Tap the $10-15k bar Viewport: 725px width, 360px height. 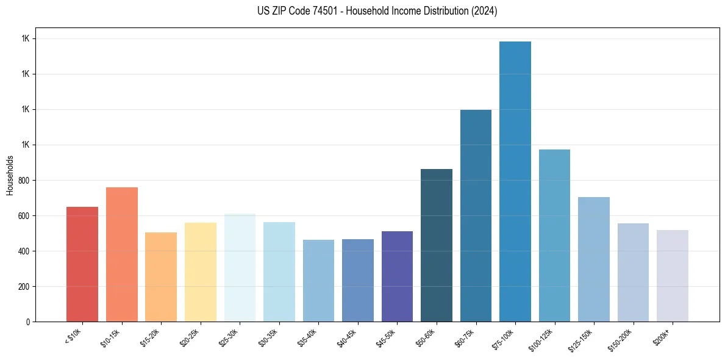[x=121, y=254]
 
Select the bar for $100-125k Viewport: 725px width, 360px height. [x=554, y=236]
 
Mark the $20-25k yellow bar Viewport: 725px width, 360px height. [x=200, y=272]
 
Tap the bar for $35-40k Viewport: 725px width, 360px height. [x=318, y=281]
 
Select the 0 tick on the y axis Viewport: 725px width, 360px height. [x=27, y=322]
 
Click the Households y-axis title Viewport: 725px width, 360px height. [x=10, y=175]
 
